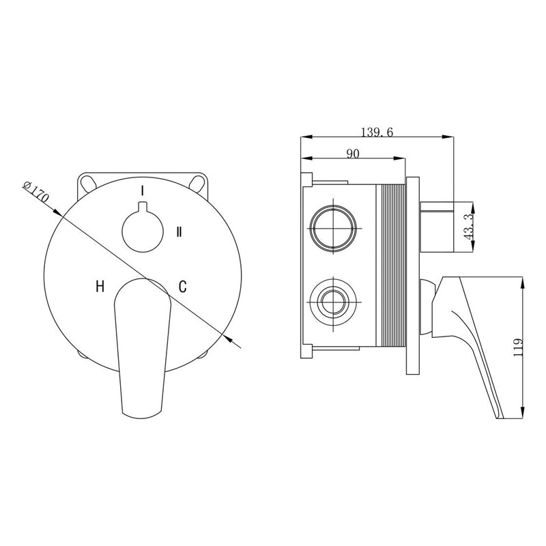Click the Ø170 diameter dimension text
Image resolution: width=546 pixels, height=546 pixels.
[36, 192]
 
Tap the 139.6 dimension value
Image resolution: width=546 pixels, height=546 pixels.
[377, 132]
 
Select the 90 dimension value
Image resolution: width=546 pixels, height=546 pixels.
[353, 154]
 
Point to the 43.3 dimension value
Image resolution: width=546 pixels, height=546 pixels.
[470, 227]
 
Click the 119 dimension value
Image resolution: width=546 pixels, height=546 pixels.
[519, 347]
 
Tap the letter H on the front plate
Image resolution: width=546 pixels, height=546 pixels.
[100, 287]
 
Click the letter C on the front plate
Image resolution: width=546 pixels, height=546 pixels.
[182, 286]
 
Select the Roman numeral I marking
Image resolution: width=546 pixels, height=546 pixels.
[142, 190]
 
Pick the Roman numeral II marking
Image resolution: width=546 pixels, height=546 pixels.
[179, 231]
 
